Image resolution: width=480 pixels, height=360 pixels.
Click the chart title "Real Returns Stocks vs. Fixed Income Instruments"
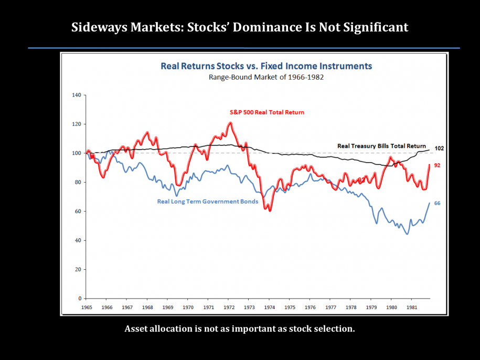click(x=266, y=66)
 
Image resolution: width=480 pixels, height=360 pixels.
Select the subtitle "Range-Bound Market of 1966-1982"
click(x=266, y=77)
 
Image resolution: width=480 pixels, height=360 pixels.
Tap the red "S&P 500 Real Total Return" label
click(x=266, y=112)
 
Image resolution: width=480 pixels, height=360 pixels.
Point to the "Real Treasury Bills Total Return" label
click(x=382, y=146)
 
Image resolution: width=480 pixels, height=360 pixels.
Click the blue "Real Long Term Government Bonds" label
click(x=208, y=202)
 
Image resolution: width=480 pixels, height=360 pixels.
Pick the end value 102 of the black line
click(x=439, y=149)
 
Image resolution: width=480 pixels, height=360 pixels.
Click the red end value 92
click(x=437, y=165)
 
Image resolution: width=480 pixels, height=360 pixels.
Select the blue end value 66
click(x=437, y=203)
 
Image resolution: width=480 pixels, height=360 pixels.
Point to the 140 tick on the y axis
click(x=76, y=96)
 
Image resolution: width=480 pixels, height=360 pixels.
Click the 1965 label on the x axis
click(x=87, y=307)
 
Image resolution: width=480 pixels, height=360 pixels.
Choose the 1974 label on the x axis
click(x=269, y=307)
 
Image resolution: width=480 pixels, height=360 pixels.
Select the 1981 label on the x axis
click(x=411, y=307)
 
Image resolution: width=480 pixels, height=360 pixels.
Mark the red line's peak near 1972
click(x=230, y=123)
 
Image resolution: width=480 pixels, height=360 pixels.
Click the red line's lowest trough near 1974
click(x=270, y=210)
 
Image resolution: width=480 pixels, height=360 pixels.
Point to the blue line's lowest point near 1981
click(x=407, y=234)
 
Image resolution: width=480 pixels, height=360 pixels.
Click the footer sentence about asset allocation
click(x=240, y=330)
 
